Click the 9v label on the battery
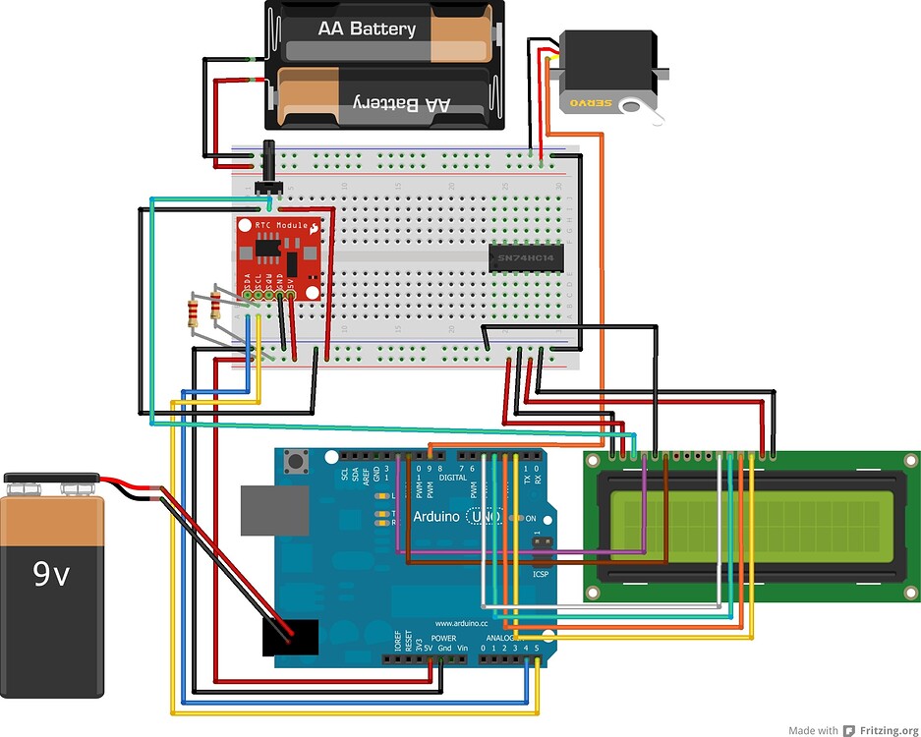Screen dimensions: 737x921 point(51,573)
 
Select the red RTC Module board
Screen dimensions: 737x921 point(279,257)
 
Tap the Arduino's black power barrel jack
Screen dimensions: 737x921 point(290,637)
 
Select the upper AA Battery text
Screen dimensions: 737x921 point(366,29)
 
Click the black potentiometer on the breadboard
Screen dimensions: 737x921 point(268,173)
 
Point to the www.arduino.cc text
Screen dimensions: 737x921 point(457,623)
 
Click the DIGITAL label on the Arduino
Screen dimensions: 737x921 point(453,477)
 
